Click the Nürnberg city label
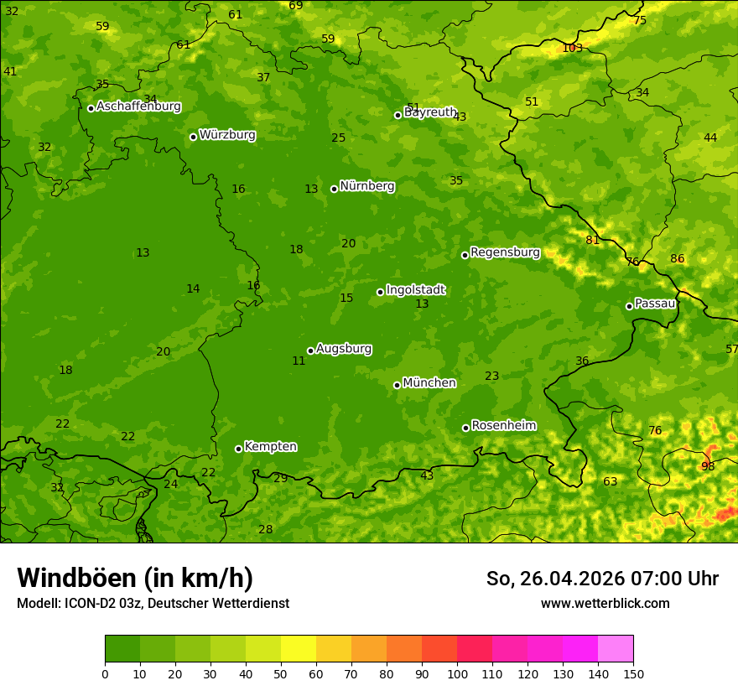pyautogui.click(x=366, y=186)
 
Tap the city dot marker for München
pyautogui.click(x=397, y=385)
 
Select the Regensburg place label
pyautogui.click(x=505, y=252)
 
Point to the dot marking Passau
pyautogui.click(x=629, y=306)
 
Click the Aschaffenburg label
pyautogui.click(x=138, y=106)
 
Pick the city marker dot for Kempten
pyautogui.click(x=238, y=449)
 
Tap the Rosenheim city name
pyautogui.click(x=503, y=426)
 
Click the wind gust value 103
pyautogui.click(x=572, y=48)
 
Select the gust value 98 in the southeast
pyautogui.click(x=708, y=466)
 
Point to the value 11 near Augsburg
pyautogui.click(x=299, y=361)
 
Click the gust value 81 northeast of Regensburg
pyautogui.click(x=592, y=240)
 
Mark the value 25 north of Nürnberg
pyautogui.click(x=338, y=138)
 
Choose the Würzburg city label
pyautogui.click(x=227, y=135)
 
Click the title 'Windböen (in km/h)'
pyautogui.click(x=135, y=578)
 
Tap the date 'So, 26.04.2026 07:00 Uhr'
pyautogui.click(x=602, y=579)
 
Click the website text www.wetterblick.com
pyautogui.click(x=605, y=604)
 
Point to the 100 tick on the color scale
pyautogui.click(x=457, y=673)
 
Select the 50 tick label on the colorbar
pyautogui.click(x=281, y=673)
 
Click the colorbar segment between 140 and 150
pyautogui.click(x=616, y=649)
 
